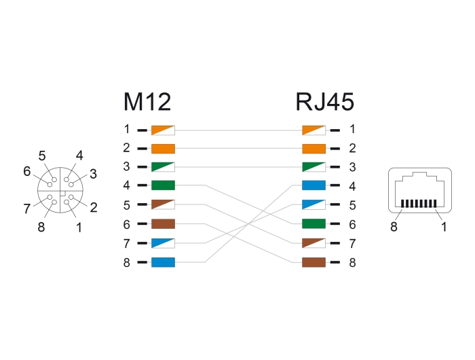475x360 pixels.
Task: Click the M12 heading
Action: [x=147, y=102]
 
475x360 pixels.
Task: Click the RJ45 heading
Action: [x=324, y=102]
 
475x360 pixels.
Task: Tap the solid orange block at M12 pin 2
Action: [x=164, y=148]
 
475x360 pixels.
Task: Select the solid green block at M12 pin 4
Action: [x=164, y=185]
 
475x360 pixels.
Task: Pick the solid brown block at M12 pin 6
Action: [x=164, y=223]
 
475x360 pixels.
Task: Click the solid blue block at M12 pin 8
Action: [x=164, y=262]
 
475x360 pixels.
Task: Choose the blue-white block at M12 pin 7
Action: [x=164, y=242]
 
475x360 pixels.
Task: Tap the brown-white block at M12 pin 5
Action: [x=164, y=204]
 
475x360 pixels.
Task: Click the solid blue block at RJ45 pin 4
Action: [x=313, y=185]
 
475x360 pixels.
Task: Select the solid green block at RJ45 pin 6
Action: [x=313, y=223]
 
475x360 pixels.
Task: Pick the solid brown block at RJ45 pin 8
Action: [x=313, y=262]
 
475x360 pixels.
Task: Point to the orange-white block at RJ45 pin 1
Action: [x=313, y=129]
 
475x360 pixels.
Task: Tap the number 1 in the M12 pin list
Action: [x=126, y=129]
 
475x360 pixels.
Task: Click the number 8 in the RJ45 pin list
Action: [x=352, y=262]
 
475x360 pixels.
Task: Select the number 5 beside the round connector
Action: [x=42, y=156]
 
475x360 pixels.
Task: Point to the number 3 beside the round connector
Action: [x=93, y=173]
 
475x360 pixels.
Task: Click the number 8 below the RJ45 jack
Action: [x=394, y=227]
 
